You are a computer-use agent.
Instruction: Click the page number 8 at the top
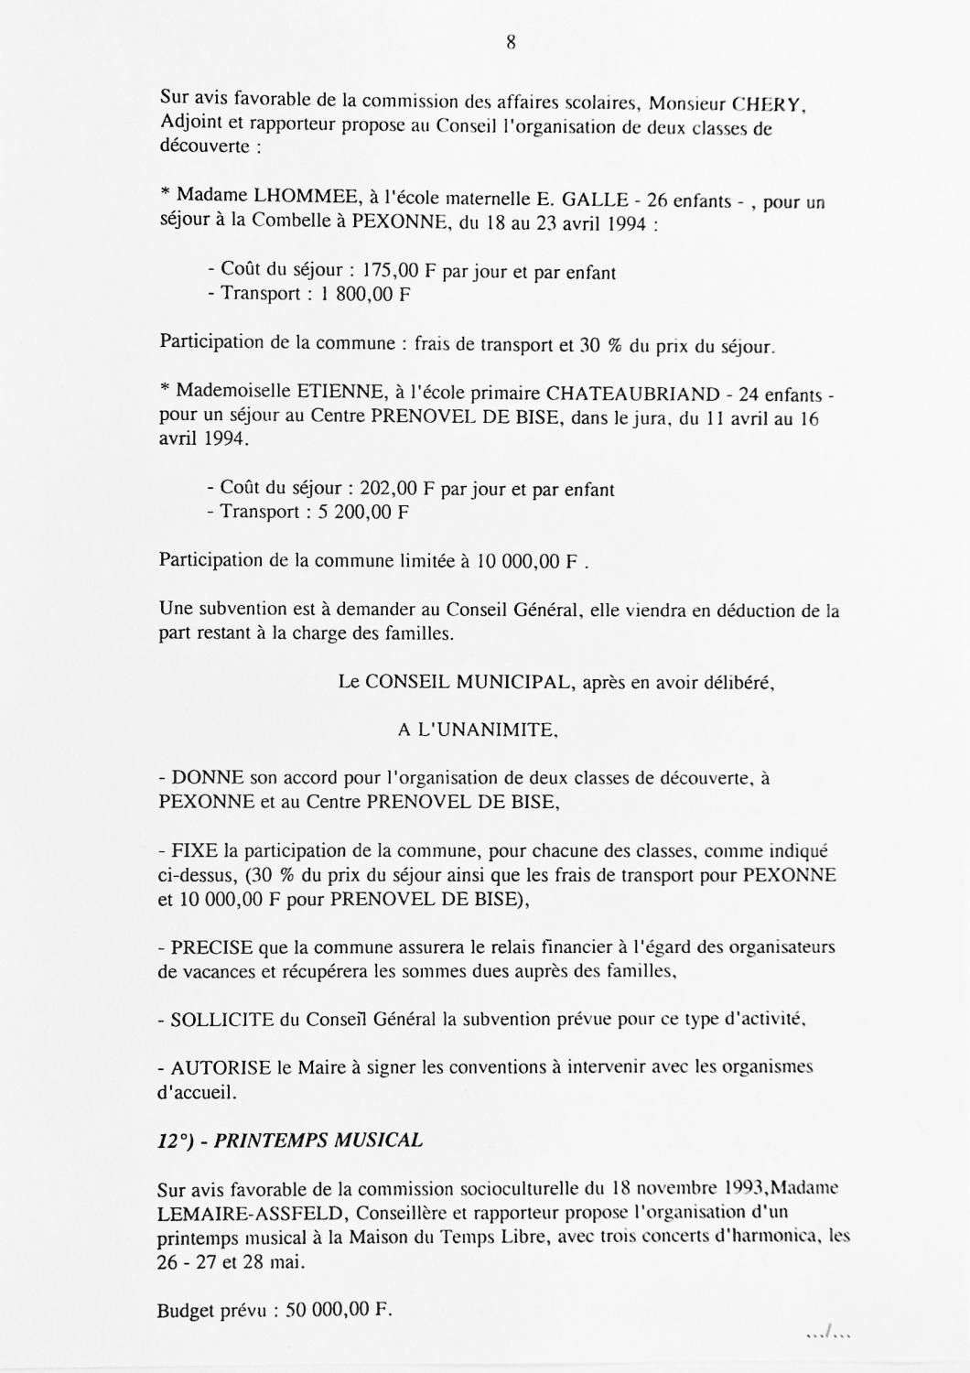coord(511,42)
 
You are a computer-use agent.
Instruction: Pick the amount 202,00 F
coord(397,489)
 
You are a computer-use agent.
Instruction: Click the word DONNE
coord(208,778)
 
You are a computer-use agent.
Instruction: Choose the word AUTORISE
coord(221,1067)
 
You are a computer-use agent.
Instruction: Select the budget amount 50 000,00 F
coord(339,1310)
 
